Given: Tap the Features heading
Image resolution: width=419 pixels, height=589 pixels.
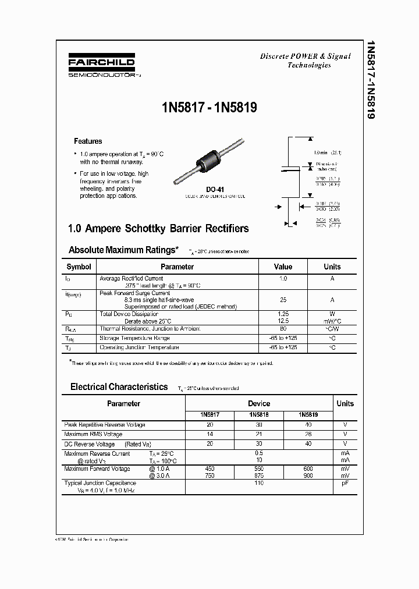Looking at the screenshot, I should (87, 141).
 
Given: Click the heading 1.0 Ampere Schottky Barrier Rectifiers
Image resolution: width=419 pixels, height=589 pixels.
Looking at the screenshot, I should (159, 229).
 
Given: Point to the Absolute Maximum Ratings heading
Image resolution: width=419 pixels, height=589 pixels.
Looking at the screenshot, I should (124, 250).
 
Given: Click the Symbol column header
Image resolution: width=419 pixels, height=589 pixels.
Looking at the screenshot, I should (79, 267).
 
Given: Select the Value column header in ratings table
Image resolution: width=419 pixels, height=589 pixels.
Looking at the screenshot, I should (283, 267).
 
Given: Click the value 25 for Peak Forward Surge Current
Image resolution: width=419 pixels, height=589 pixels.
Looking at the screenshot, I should (283, 300).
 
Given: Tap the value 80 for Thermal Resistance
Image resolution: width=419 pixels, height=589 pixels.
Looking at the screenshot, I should (283, 329).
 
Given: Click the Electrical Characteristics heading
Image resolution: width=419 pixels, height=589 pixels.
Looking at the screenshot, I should (119, 387).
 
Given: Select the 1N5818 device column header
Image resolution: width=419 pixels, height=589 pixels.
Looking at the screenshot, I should (258, 415).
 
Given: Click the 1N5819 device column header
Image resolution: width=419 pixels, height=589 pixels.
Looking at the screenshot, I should (308, 415).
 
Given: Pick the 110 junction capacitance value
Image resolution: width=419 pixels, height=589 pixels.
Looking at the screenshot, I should (259, 483).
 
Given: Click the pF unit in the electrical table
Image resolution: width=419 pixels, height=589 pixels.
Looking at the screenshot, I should (345, 483).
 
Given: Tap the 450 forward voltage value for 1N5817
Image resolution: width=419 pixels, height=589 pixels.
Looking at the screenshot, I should (210, 469).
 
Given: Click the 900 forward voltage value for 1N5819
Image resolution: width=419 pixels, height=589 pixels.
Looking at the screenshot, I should (308, 476).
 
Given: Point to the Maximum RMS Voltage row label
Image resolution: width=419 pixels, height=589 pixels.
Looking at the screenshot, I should (93, 434).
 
